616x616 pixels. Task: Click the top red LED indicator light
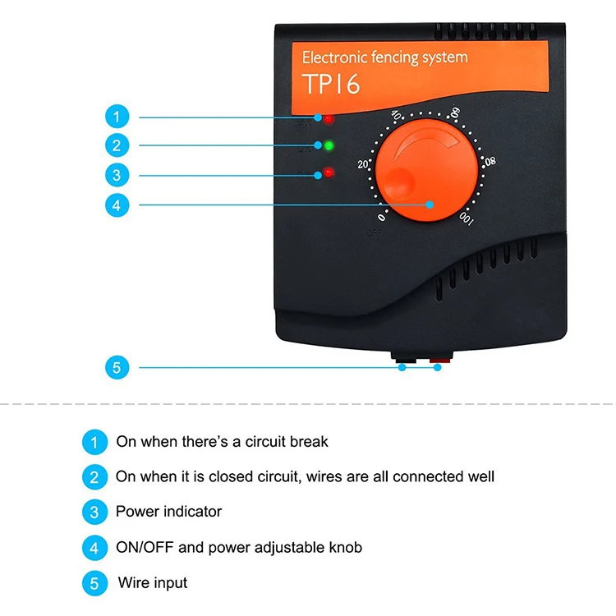(x=329, y=120)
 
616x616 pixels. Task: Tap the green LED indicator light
(x=329, y=146)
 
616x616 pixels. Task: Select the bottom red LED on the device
(x=329, y=172)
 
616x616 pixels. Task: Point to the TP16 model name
(x=331, y=83)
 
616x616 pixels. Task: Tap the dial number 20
(x=363, y=164)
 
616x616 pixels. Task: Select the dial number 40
(x=396, y=117)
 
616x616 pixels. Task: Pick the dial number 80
(x=490, y=161)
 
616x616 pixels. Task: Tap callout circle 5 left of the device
(x=117, y=367)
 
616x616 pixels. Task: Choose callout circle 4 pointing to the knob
(x=117, y=205)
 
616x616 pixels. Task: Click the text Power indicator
(x=168, y=512)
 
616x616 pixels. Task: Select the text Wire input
(x=153, y=583)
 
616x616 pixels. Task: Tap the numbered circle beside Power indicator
(x=94, y=513)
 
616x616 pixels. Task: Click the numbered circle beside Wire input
(x=94, y=584)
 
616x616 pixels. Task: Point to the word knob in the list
(x=344, y=547)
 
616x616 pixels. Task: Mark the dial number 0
(x=381, y=218)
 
